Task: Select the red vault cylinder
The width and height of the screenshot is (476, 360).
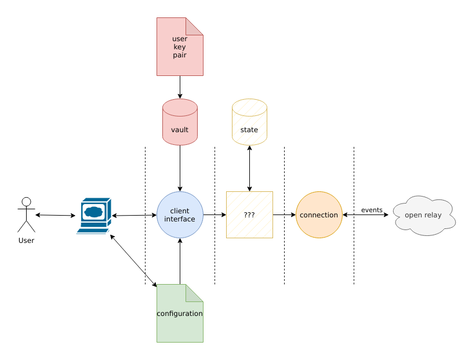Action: [180, 122]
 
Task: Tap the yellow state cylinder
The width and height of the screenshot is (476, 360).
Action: [249, 122]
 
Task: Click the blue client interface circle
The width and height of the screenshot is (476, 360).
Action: [180, 215]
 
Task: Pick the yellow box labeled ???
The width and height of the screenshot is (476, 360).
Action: [249, 215]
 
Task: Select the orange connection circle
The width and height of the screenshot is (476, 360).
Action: [319, 215]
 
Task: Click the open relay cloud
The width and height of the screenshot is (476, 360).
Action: [424, 215]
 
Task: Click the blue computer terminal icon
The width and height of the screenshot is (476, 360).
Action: [94, 215]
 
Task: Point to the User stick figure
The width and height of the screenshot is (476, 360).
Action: [26, 214]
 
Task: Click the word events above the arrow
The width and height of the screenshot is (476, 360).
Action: [372, 210]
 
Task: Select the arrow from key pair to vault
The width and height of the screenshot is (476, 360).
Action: [180, 87]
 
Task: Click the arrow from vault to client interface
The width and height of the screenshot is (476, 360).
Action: [180, 168]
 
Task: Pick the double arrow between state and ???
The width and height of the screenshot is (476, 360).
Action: [249, 168]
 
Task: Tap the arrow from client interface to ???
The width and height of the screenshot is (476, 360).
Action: [215, 215]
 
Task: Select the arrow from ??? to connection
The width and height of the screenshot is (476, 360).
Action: [284, 215]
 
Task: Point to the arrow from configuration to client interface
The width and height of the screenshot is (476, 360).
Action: [180, 261]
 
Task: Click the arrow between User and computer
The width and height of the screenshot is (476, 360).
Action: [55, 215]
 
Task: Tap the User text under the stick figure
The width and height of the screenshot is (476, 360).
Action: [26, 240]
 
